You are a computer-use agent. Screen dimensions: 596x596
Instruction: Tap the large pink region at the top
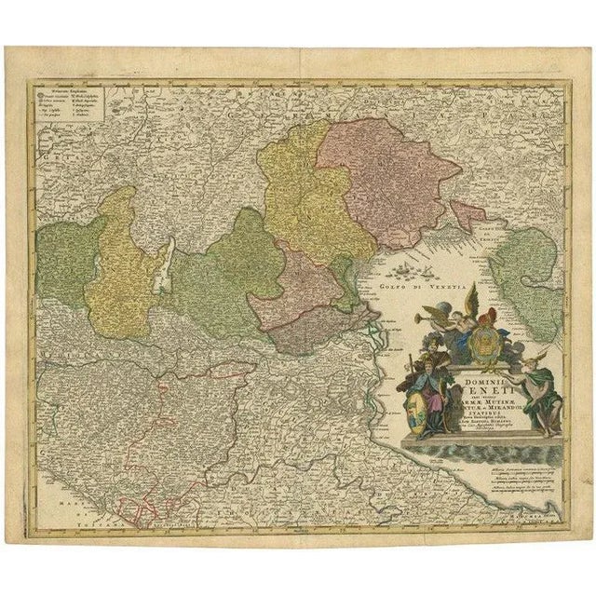coord(372,177)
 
